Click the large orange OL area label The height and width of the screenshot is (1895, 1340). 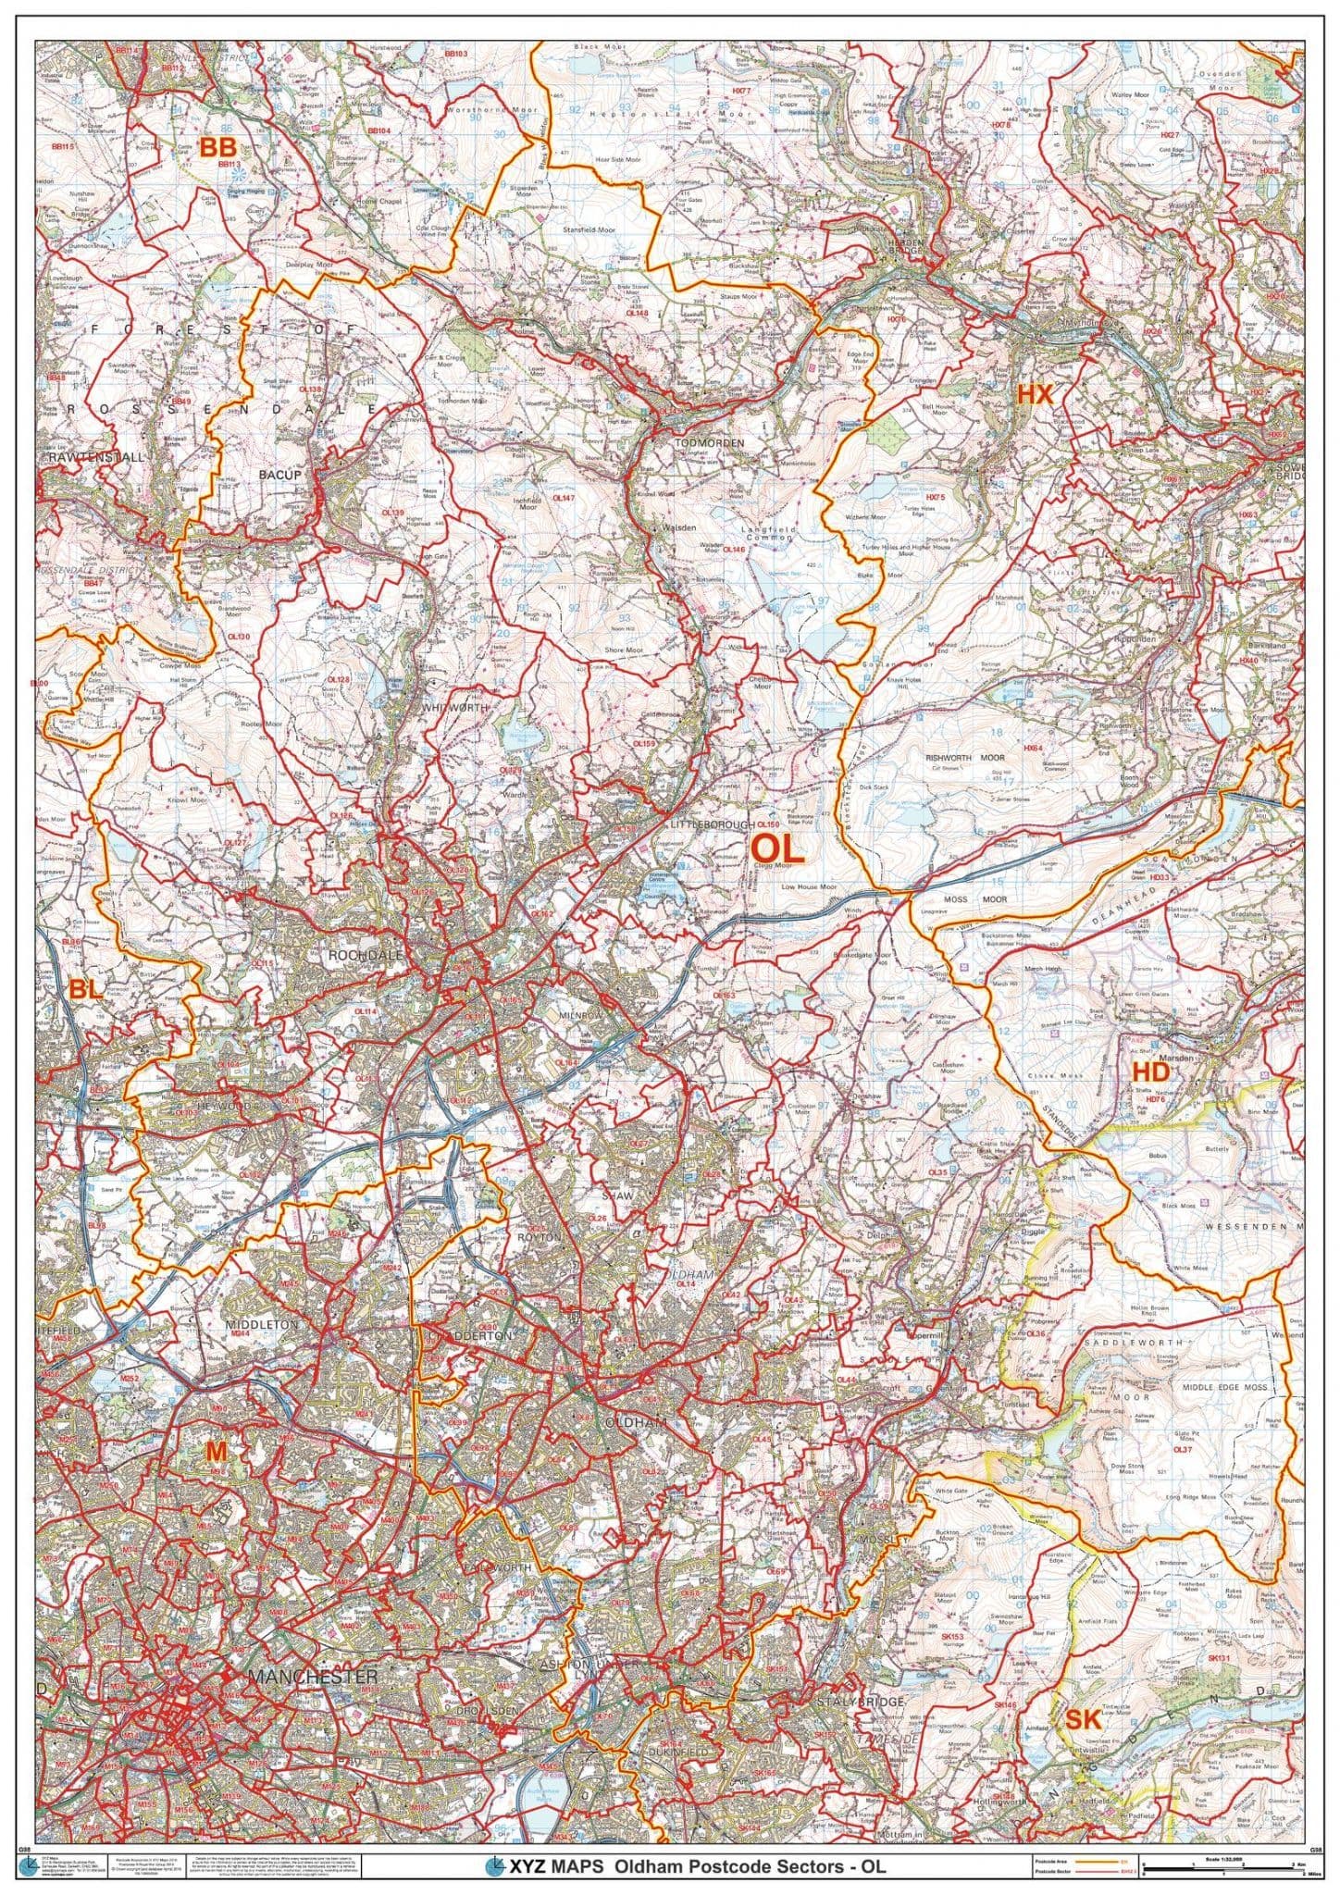pyautogui.click(x=776, y=848)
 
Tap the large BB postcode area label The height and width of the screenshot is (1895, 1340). pyautogui.click(x=219, y=147)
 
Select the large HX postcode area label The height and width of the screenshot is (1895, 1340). pyautogui.click(x=1035, y=394)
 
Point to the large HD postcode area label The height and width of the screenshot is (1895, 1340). pyautogui.click(x=1150, y=1071)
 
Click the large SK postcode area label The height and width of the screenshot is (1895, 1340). pyautogui.click(x=1084, y=1693)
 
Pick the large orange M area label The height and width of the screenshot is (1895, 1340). pyautogui.click(x=216, y=1479)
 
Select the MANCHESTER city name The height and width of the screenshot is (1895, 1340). pyautogui.click(x=312, y=1652)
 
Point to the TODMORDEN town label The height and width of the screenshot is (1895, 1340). pyautogui.click(x=710, y=443)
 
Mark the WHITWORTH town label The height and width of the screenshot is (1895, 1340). pyautogui.click(x=454, y=707)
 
